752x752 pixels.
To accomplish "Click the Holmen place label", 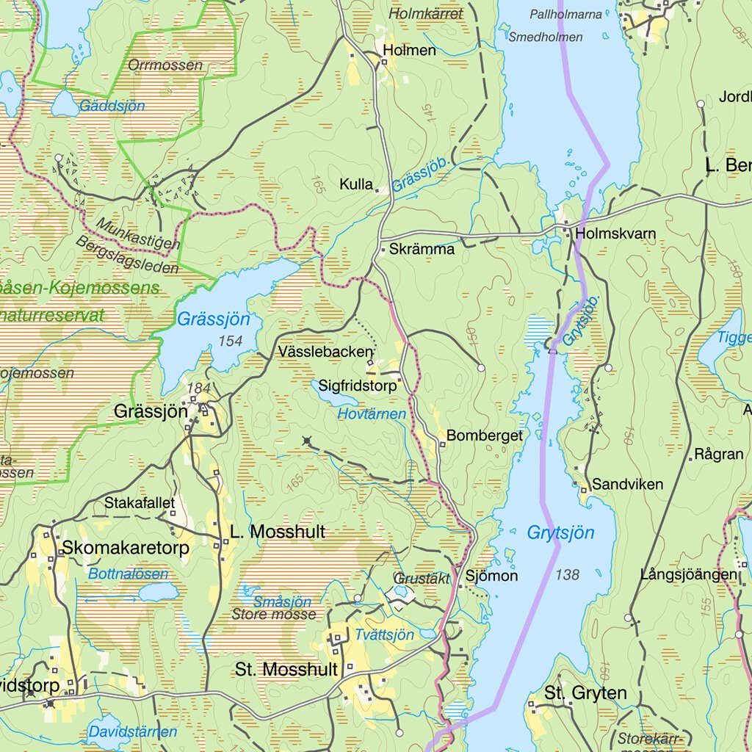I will (410, 51).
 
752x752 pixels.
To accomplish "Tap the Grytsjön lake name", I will (560, 532).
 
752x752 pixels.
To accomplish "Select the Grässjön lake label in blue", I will (213, 319).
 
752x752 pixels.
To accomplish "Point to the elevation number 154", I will (230, 341).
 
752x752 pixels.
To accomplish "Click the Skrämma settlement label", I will (422, 249).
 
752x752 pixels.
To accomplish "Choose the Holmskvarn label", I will (616, 234).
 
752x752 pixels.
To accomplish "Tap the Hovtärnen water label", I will (372, 414).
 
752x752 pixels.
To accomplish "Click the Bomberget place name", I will (484, 435).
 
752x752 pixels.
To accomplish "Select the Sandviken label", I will (627, 484).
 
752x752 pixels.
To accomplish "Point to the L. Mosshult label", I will (277, 532).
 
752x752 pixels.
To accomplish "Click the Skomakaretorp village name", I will (126, 548).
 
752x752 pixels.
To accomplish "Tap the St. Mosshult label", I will (286, 669).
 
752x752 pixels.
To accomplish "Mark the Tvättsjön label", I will (384, 634).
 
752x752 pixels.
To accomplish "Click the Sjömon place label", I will (491, 576).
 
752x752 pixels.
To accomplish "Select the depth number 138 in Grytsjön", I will (567, 574).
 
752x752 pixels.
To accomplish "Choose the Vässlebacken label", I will (326, 352).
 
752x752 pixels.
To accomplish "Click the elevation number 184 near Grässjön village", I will (198, 388).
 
